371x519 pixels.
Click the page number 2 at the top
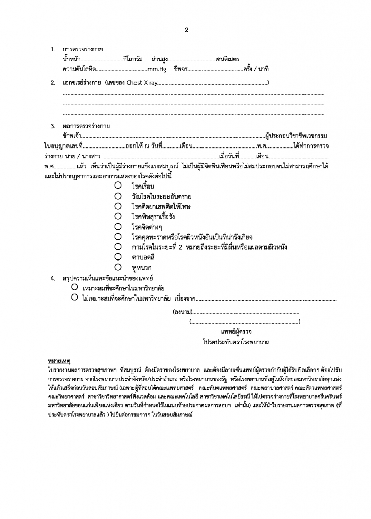click(186, 29)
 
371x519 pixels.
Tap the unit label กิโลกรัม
click(133, 59)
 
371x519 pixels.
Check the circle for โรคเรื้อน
click(117, 186)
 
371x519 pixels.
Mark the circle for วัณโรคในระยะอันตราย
click(117, 196)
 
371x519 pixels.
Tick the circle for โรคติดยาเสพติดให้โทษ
click(117, 206)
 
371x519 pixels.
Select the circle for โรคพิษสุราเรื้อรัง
click(117, 216)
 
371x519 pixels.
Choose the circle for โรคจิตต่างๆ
click(117, 227)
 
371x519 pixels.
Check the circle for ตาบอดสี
click(117, 257)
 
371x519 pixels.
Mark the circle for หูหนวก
click(117, 267)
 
